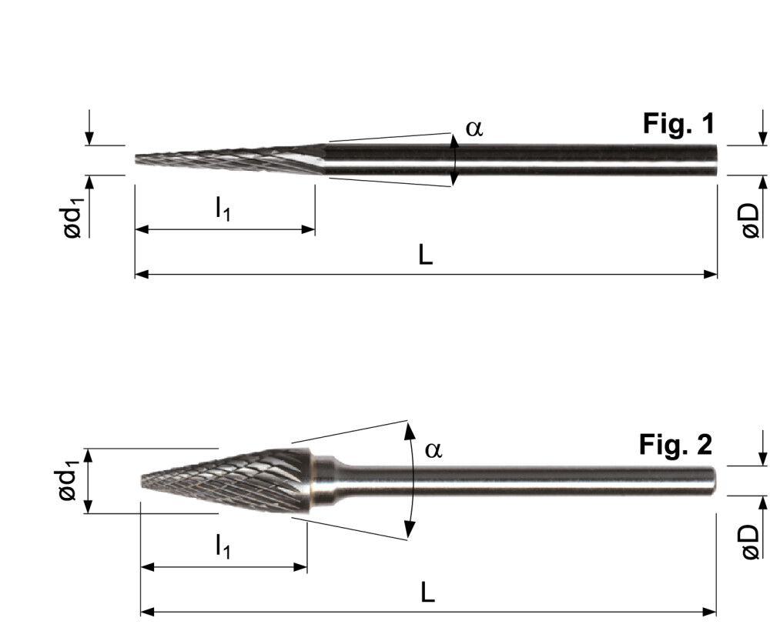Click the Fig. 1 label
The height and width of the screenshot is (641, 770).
[678, 124]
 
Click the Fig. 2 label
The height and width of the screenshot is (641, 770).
[675, 445]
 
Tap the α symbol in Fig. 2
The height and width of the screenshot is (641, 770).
[434, 449]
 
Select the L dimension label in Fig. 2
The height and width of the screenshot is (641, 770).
[429, 593]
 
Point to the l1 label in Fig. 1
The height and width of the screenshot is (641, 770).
[223, 210]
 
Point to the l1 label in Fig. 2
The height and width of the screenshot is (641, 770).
[224, 548]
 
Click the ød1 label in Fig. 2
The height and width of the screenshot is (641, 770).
[72, 481]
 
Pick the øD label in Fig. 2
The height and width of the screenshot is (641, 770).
[751, 543]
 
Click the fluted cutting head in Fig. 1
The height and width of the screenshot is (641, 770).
[223, 160]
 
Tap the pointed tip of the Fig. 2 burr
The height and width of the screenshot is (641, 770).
[144, 481]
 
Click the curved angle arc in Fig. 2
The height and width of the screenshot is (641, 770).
[413, 480]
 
